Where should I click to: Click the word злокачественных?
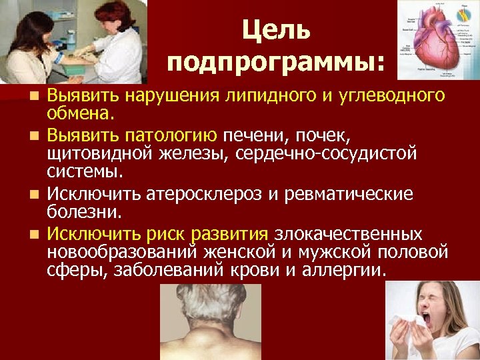click(348, 234)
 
